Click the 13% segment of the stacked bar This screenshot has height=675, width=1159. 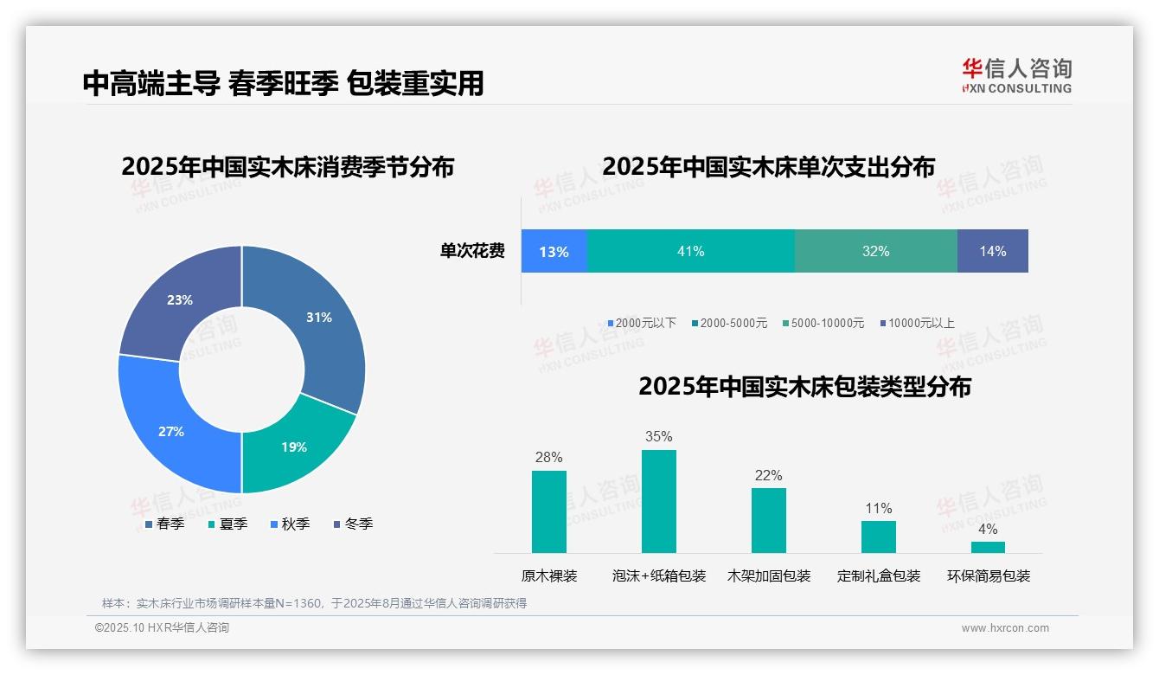pos(554,252)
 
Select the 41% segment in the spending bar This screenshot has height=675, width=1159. pos(690,252)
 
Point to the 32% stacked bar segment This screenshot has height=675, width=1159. pos(875,252)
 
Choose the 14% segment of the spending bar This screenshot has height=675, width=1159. pos(993,252)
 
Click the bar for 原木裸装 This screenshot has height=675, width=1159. pos(548,511)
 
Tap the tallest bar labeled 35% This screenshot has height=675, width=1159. pos(658,501)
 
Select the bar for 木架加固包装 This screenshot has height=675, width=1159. pos(768,520)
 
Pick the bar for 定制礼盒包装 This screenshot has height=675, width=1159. pos(878,537)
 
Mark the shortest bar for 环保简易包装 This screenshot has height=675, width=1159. pos(988,547)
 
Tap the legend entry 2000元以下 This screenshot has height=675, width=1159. pos(642,323)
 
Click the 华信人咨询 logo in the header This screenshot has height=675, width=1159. pos(1016,75)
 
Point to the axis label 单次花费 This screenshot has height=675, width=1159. pos(472,252)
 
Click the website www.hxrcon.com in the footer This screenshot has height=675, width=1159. pos(1005,628)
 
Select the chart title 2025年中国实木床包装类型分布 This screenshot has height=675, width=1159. pos(804,387)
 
